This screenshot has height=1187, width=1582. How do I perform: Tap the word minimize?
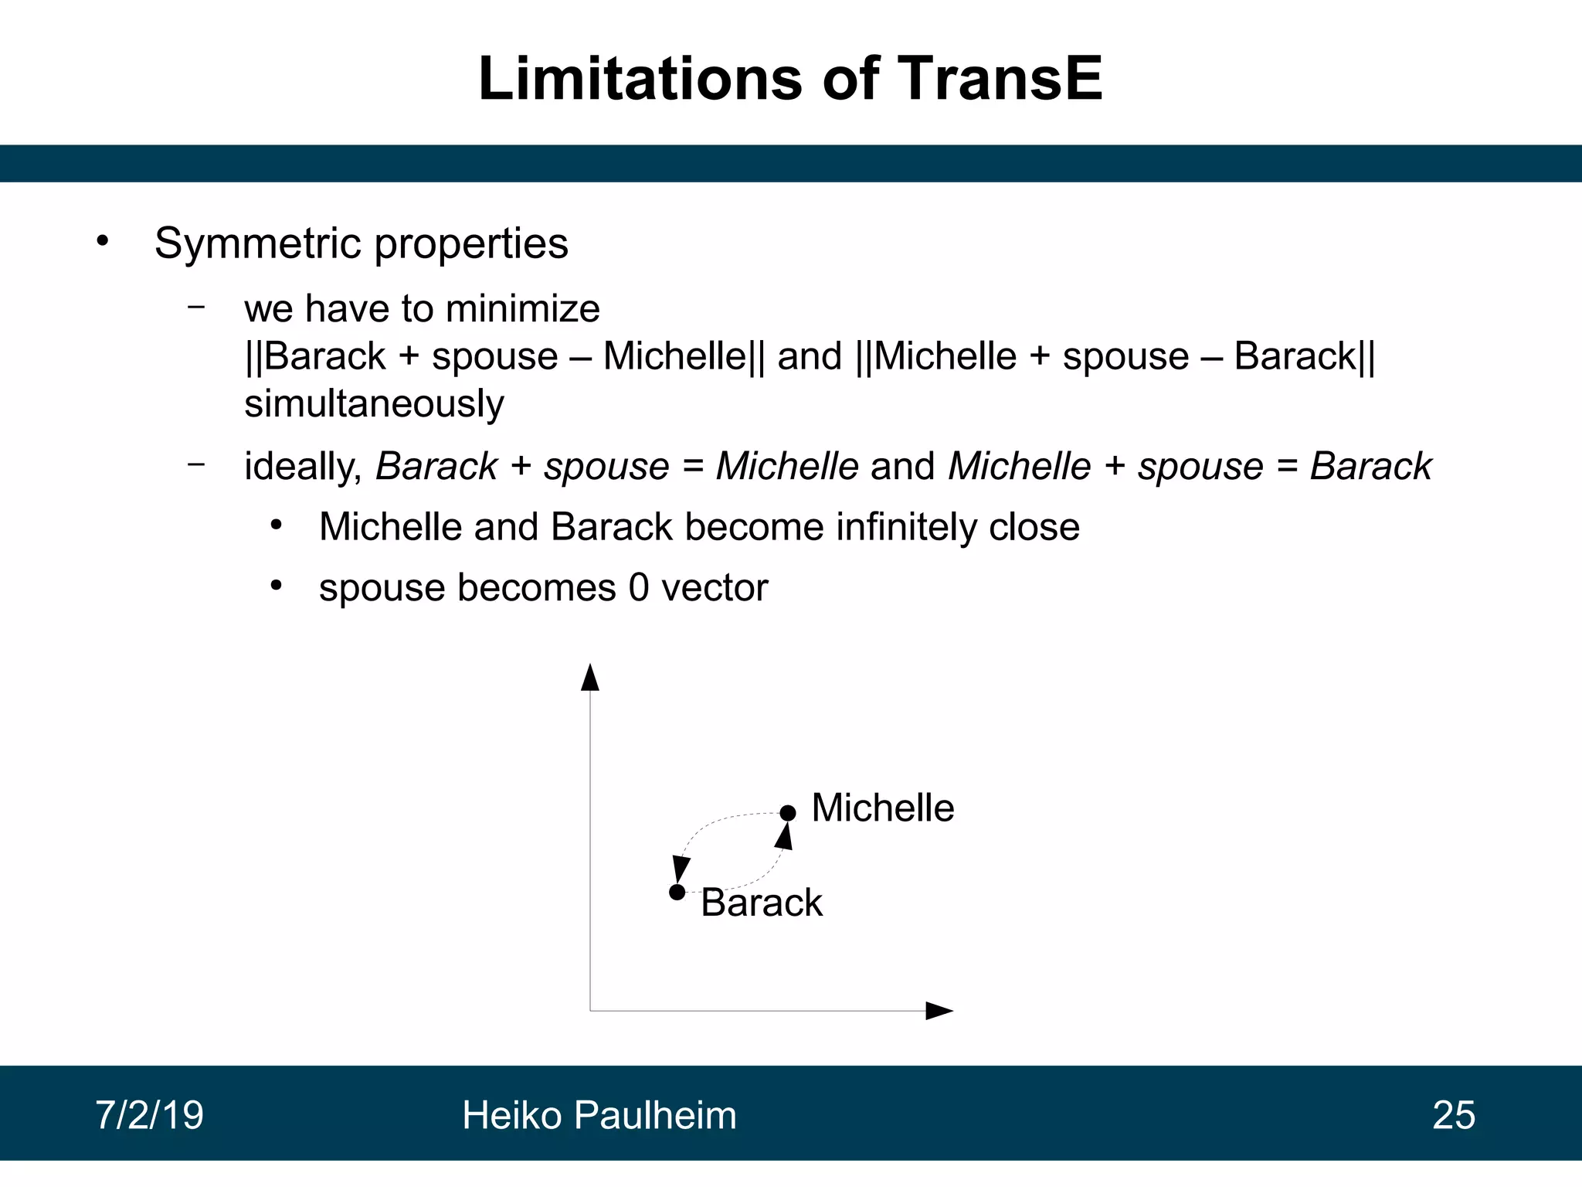click(522, 309)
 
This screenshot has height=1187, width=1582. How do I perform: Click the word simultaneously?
click(374, 404)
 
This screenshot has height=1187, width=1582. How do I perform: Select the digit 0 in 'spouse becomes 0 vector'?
click(638, 588)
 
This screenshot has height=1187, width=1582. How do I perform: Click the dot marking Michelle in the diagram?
click(787, 813)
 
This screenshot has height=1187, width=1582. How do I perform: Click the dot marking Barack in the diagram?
click(677, 893)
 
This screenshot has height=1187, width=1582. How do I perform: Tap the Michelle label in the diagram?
click(882, 808)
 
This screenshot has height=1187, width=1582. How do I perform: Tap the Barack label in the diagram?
click(761, 903)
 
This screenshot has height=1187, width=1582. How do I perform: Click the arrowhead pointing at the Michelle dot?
click(784, 836)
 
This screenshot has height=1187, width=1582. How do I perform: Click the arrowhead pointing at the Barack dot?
click(681, 869)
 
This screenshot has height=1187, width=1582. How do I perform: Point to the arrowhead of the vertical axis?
click(590, 677)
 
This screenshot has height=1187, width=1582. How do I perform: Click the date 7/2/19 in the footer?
click(149, 1115)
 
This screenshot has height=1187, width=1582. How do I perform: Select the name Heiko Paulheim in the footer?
click(599, 1115)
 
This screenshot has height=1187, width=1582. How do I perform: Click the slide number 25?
click(1453, 1115)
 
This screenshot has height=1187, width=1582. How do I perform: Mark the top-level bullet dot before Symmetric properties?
click(103, 242)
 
